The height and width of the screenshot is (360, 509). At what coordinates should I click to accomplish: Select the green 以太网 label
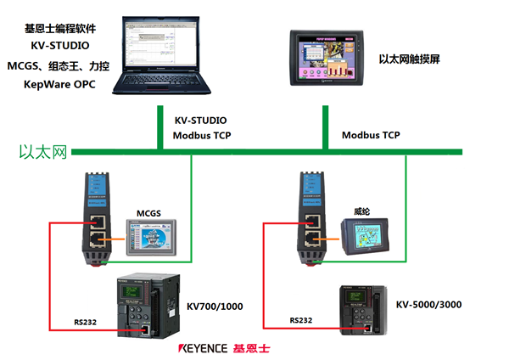click(x=42, y=153)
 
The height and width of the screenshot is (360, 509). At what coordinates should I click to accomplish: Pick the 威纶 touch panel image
click(x=364, y=236)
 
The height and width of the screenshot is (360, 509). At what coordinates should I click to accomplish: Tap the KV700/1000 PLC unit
click(x=143, y=306)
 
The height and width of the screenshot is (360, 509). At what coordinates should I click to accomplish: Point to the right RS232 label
click(x=302, y=321)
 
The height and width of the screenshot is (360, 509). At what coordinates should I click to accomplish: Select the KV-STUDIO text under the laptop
click(x=200, y=121)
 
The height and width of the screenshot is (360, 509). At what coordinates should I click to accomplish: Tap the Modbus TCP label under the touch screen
click(x=371, y=135)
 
